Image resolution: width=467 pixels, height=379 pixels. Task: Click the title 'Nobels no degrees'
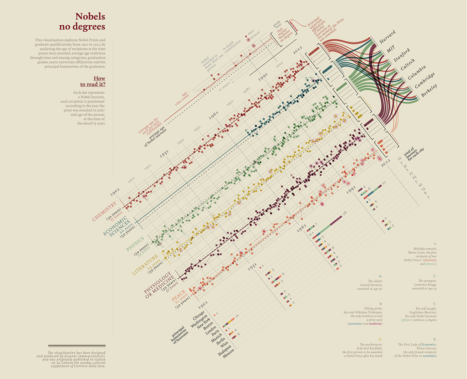click(82, 21)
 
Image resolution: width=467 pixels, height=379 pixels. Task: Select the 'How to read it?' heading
click(93, 81)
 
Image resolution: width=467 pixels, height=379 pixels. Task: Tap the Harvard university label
click(388, 37)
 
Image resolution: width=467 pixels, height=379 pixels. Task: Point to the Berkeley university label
click(429, 90)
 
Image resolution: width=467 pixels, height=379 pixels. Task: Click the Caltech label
click(408, 64)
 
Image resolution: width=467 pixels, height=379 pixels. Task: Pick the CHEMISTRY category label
click(104, 212)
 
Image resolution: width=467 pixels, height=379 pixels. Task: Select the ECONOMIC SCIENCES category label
click(115, 226)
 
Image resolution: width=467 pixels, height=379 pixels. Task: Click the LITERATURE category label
click(145, 265)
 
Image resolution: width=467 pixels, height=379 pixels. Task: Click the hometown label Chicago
click(199, 315)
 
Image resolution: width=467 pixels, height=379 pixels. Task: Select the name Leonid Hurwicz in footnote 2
click(371, 285)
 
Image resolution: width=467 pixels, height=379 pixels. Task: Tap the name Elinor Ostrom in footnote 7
click(425, 348)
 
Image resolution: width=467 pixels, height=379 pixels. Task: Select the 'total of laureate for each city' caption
click(414, 154)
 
